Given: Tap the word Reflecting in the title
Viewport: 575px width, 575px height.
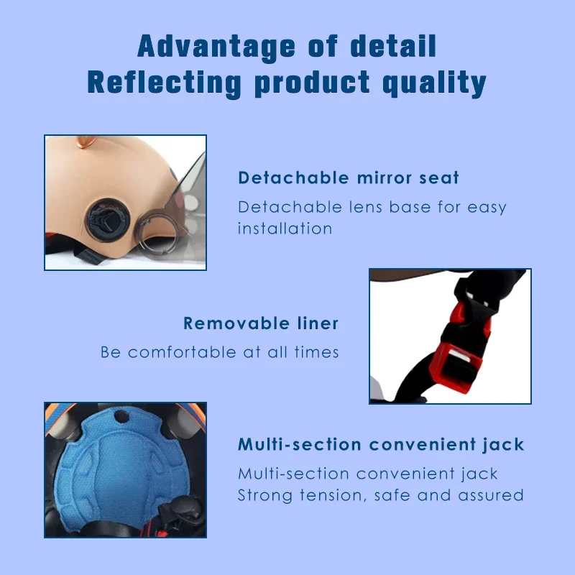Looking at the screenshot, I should click(165, 83).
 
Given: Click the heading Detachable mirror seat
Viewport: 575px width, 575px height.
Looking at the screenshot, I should click(349, 178).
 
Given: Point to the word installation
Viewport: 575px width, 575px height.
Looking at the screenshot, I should click(285, 229).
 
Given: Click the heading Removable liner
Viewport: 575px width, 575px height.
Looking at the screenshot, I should click(261, 323).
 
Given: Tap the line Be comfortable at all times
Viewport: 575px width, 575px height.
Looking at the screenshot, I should click(219, 352).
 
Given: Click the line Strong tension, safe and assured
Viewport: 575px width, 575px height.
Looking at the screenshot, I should click(381, 495).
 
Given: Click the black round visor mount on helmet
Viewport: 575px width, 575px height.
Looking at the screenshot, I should click(106, 215).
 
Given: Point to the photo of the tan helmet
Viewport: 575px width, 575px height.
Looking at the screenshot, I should click(125, 203).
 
